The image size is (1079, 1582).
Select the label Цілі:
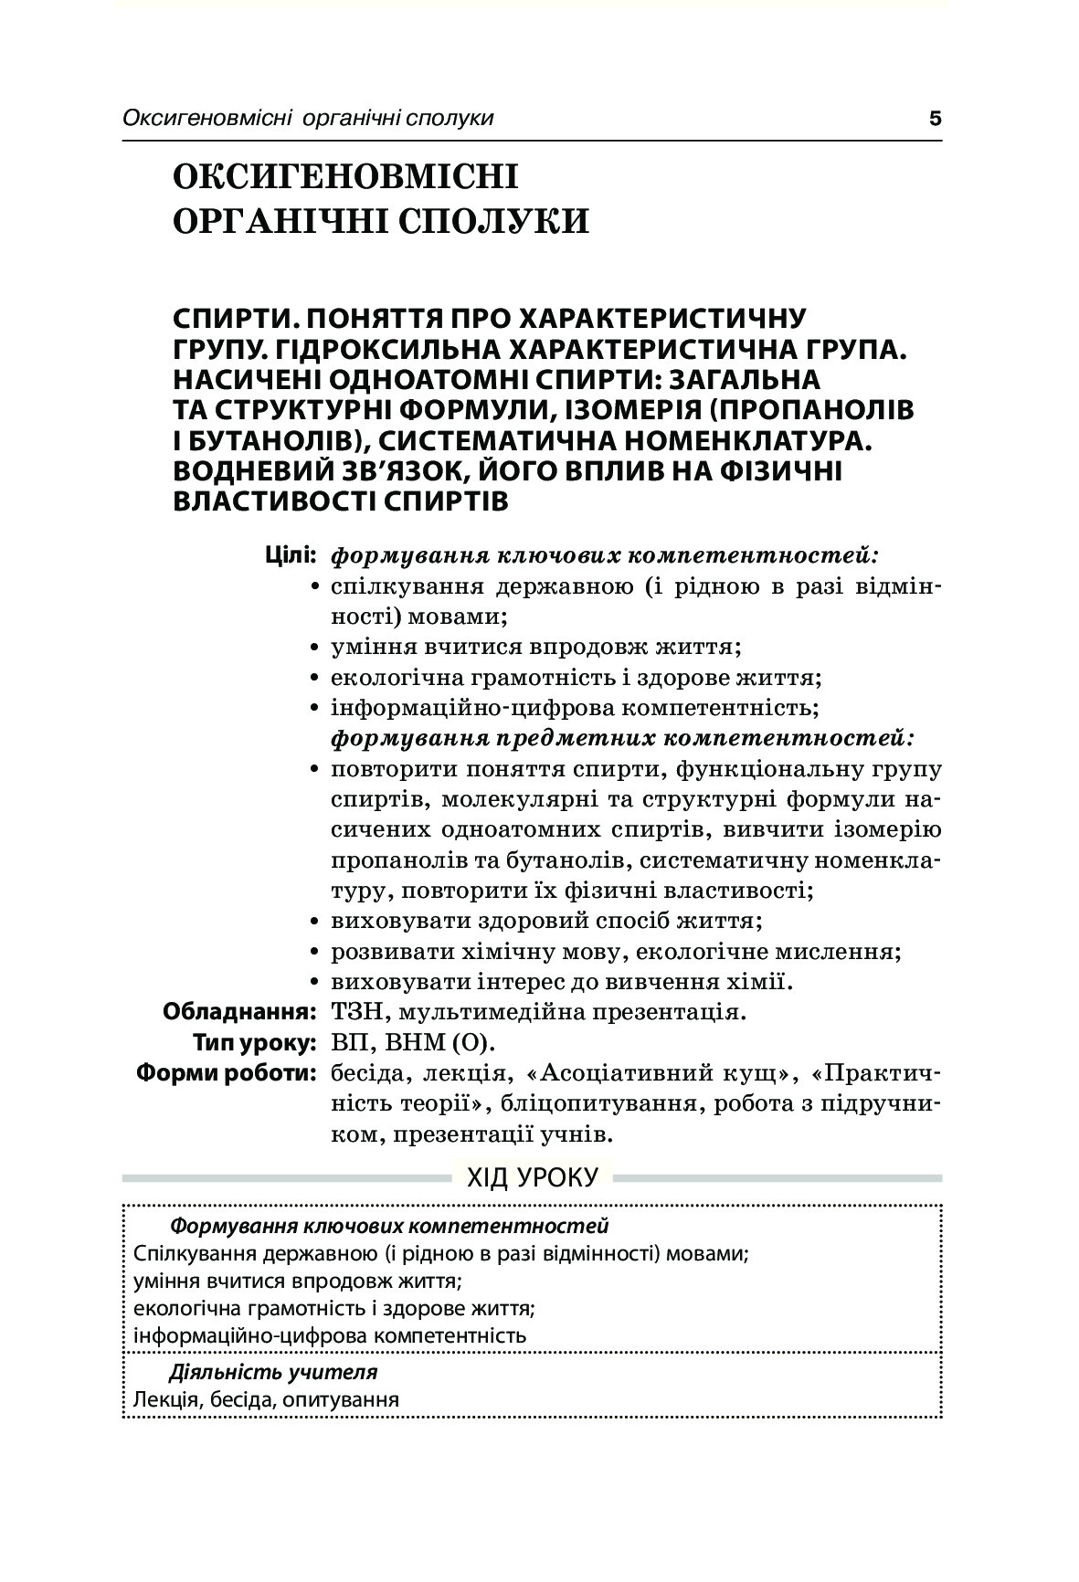pyautogui.click(x=291, y=554)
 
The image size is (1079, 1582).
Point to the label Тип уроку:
pyautogui.click(x=254, y=1042)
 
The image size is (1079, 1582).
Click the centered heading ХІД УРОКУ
pyautogui.click(x=533, y=1177)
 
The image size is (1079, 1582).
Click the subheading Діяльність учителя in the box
pyautogui.click(x=273, y=1372)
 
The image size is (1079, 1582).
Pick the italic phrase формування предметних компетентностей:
pyautogui.click(x=623, y=737)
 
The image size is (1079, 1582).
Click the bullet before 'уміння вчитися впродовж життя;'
pyautogui.click(x=315, y=648)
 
